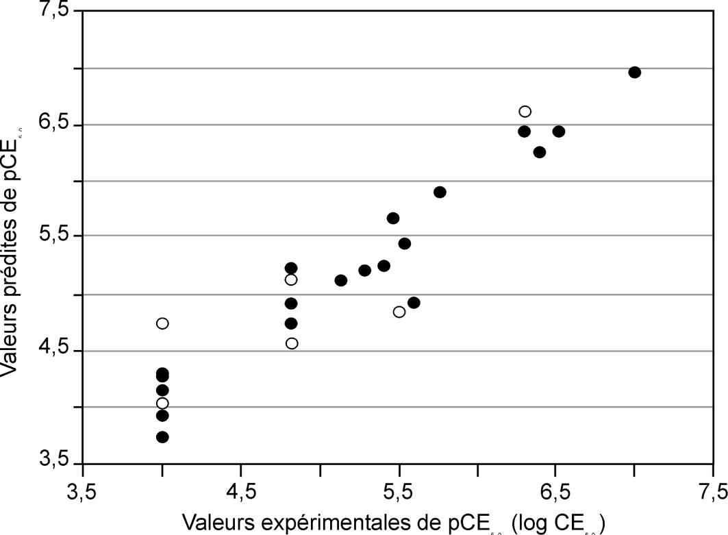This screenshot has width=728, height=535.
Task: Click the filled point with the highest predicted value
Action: tap(634, 73)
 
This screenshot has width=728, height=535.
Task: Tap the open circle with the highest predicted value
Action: tap(525, 111)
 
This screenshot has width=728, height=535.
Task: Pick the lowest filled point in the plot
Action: tap(162, 437)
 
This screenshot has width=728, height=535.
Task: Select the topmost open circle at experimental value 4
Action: tap(162, 323)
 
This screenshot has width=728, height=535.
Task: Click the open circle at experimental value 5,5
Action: tap(399, 312)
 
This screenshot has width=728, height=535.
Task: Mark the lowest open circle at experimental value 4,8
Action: tap(292, 343)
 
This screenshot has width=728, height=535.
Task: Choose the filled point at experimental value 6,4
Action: tap(540, 152)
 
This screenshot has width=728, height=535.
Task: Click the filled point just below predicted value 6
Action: tap(440, 192)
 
